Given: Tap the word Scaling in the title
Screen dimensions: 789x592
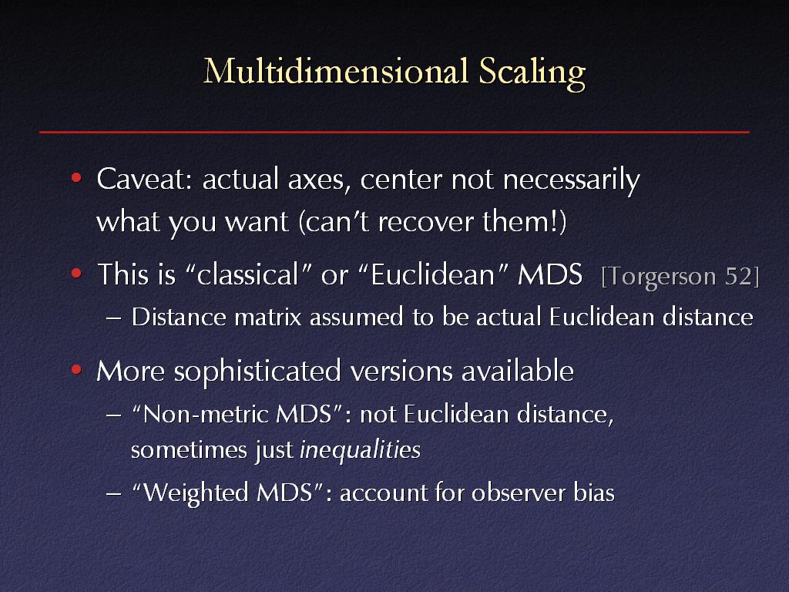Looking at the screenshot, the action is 532,73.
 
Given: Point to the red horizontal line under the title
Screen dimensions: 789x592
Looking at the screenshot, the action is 394,132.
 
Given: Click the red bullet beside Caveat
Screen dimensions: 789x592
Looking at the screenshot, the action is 76,178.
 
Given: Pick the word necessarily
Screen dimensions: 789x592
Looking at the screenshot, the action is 571,181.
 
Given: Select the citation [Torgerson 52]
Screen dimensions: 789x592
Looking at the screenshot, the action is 680,277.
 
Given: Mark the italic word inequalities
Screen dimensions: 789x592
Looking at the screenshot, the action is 361,450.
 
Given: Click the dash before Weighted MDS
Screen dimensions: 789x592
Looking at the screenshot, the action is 114,494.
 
